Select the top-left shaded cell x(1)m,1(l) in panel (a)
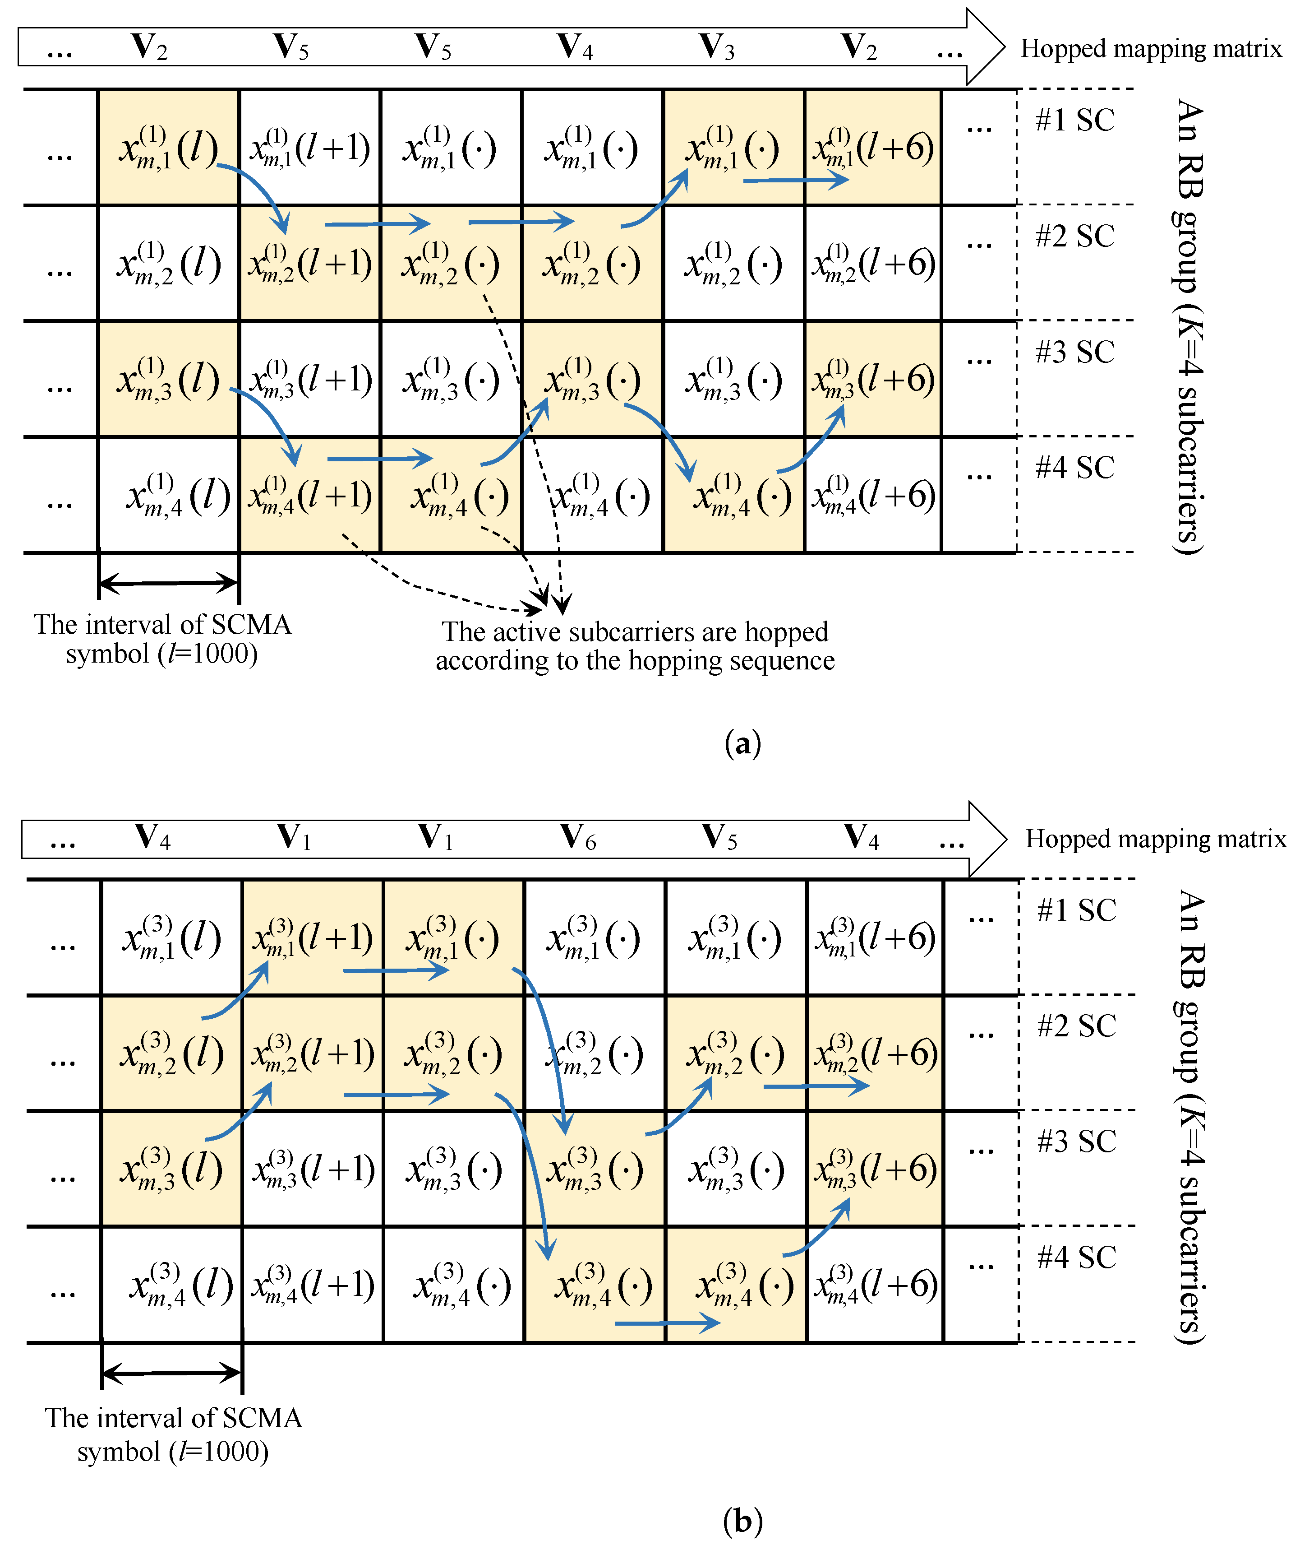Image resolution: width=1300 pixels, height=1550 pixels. [x=168, y=148]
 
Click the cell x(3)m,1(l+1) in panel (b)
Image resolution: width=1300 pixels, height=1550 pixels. [x=312, y=937]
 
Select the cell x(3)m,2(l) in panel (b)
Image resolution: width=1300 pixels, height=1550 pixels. [x=171, y=1053]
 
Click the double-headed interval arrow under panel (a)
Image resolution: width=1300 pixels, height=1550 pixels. [x=168, y=584]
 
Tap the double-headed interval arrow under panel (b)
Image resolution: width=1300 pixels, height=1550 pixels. [x=171, y=1374]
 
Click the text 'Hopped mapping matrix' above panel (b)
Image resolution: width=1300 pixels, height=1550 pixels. [x=1155, y=839]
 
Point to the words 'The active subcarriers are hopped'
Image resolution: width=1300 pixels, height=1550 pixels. [x=635, y=632]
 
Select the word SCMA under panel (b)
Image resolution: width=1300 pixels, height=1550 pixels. [x=262, y=1418]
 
